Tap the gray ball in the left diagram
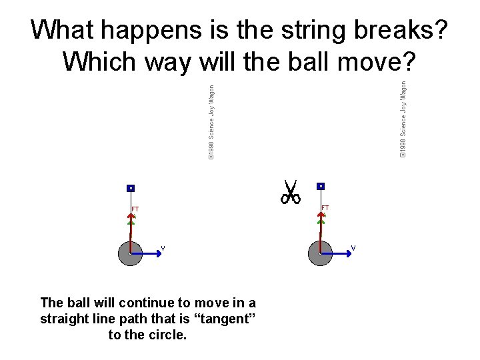130,253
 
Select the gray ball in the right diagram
321,253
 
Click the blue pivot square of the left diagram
131,188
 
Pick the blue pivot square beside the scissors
321,185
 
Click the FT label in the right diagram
325,208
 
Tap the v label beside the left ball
163,248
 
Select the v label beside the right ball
353,248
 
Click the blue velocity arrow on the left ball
147,253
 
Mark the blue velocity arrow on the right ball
337,253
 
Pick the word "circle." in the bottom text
167,334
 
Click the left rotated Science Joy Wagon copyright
211,121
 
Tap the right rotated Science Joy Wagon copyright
403,119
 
